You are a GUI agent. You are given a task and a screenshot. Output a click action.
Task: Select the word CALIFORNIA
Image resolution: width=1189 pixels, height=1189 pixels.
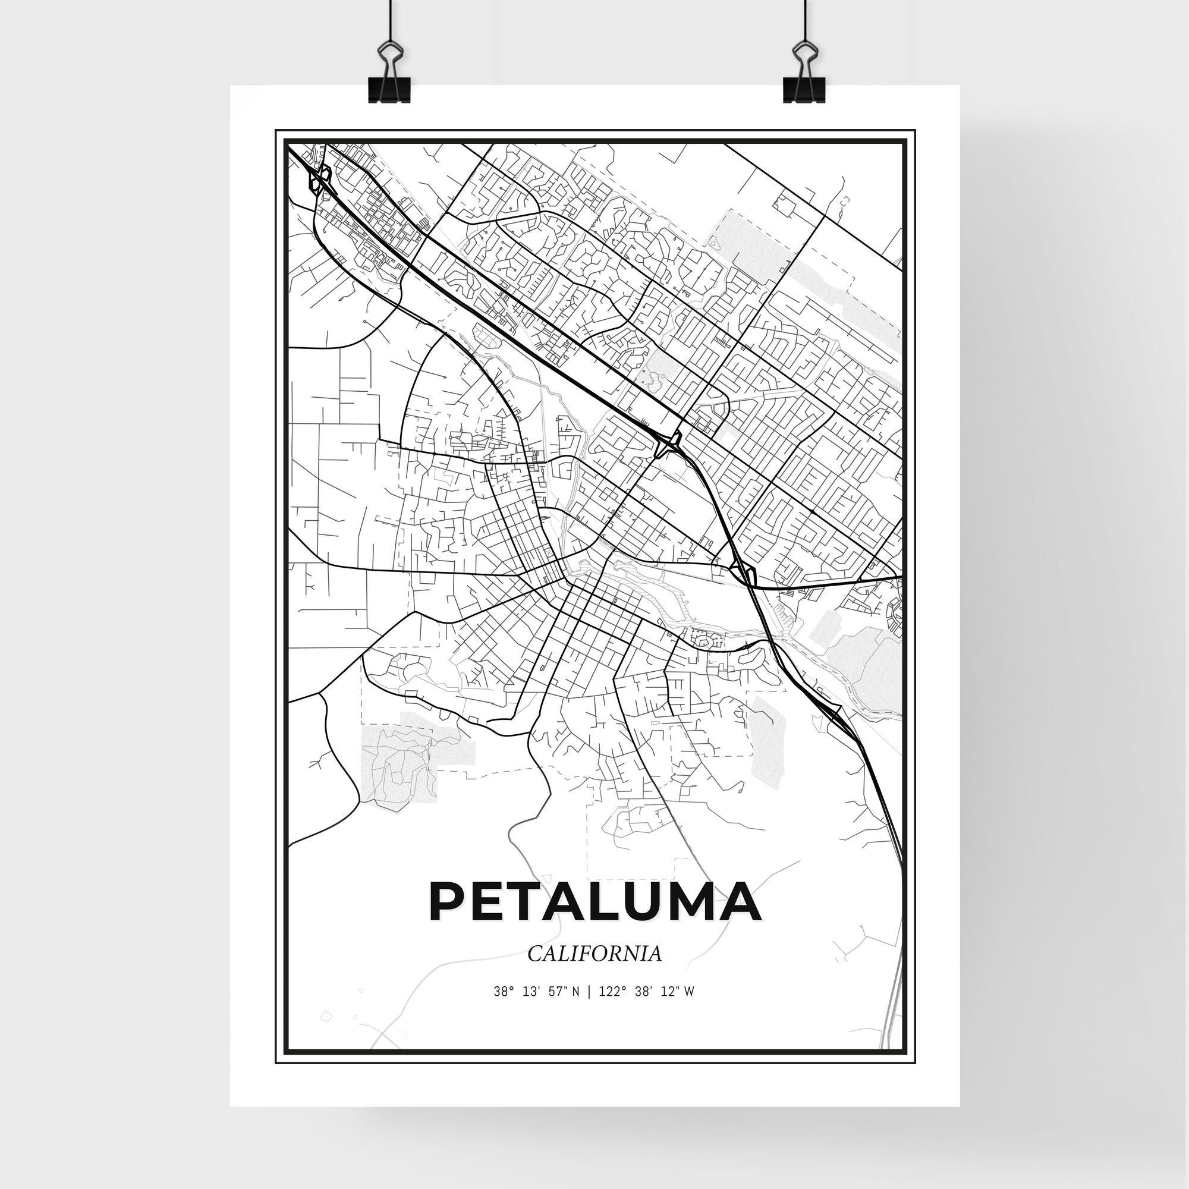click(x=594, y=954)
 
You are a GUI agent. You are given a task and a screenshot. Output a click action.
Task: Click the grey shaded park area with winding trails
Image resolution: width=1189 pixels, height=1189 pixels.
click(x=400, y=763)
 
